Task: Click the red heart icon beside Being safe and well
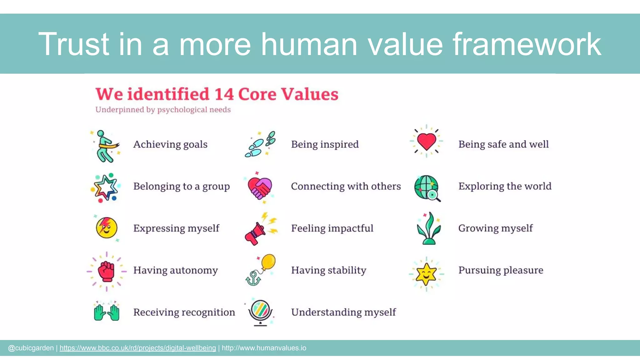[x=427, y=141]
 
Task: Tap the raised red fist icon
[x=107, y=271]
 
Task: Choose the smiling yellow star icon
[x=426, y=274]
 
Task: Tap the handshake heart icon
[x=259, y=188]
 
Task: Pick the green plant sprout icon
[x=429, y=228]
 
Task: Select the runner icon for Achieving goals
[x=106, y=146]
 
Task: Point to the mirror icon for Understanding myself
[x=260, y=311]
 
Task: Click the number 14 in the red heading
[x=224, y=94]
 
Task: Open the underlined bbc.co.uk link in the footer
[x=137, y=348]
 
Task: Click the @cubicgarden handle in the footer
[x=31, y=348]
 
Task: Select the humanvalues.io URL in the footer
[x=264, y=348]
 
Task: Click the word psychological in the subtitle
[x=182, y=110]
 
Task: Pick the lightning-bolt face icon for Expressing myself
[x=107, y=227]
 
